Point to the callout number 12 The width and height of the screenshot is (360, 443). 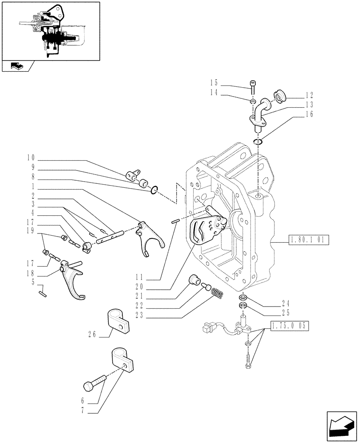coord(309,95)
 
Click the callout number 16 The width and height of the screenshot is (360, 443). coord(309,114)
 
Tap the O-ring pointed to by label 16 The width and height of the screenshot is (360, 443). coord(258,142)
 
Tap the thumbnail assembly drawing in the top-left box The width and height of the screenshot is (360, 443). coord(51,31)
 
